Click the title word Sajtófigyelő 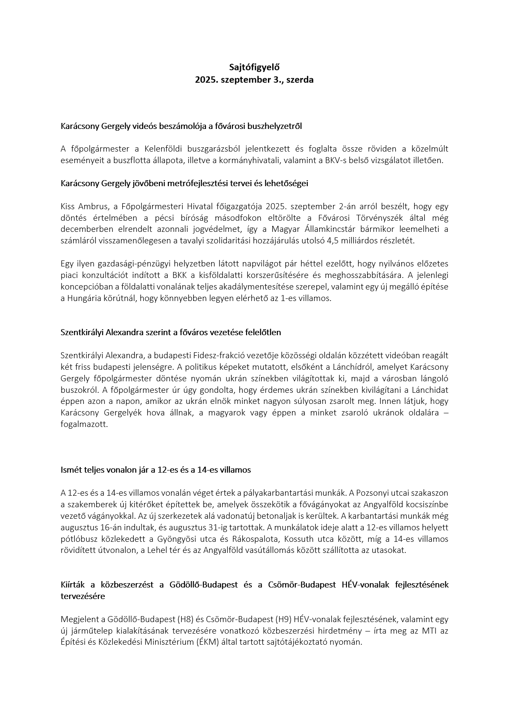pyautogui.click(x=254, y=67)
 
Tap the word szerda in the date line pyautogui.click(x=300, y=80)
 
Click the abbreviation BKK pyautogui.click(x=180, y=275)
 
